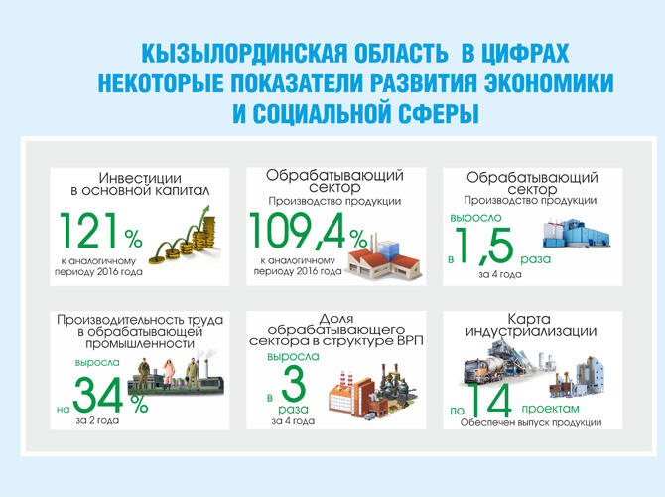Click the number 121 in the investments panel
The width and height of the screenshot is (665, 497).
point(89,233)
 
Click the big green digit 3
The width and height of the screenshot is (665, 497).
point(293,385)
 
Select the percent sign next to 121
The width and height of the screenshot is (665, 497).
point(133,237)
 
